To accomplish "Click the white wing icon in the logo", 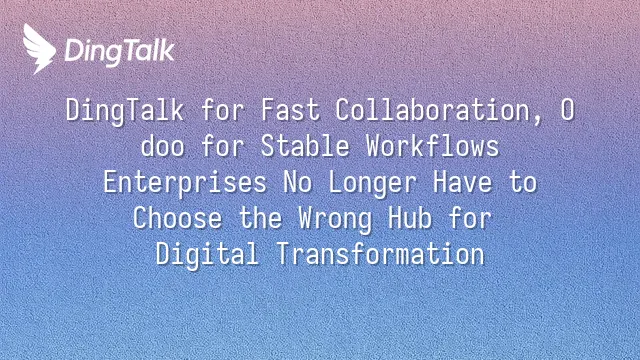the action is click(x=39, y=49).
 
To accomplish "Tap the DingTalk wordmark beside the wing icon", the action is click(x=120, y=52).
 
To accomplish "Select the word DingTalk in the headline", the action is click(x=125, y=111).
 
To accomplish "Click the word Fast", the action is click(x=290, y=110).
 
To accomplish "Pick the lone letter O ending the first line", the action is click(x=567, y=110).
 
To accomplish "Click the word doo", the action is click(x=162, y=146).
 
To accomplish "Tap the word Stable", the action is click(x=305, y=146).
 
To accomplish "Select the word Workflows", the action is click(x=432, y=146).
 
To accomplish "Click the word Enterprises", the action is click(x=185, y=183).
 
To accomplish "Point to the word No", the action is click(x=298, y=182).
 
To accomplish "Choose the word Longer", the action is click(x=372, y=183).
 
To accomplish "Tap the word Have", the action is click(x=462, y=182).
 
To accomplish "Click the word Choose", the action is click(x=178, y=218).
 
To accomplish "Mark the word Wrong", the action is click(x=335, y=219).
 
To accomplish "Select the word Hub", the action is click(x=410, y=218).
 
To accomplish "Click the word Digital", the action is click(x=207, y=255).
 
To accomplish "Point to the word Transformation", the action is click(x=380, y=254).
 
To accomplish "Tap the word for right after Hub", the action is click(x=470, y=218).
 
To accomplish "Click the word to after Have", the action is click(x=522, y=182).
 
